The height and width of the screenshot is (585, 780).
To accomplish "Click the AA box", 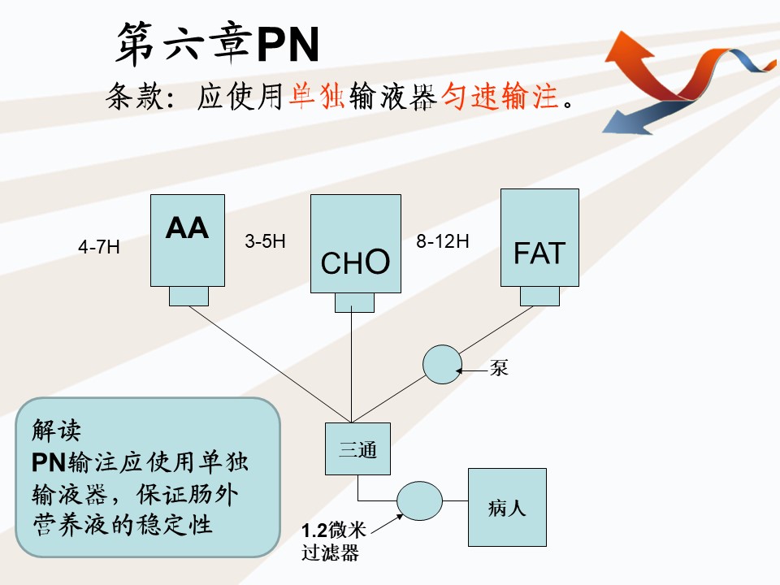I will coord(188,240).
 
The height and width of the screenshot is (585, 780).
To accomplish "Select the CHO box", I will coord(356,243).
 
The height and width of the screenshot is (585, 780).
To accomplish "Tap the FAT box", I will coord(539,237).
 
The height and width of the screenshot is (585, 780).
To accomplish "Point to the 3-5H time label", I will coord(265,241).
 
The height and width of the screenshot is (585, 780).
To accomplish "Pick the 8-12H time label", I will coord(443,241).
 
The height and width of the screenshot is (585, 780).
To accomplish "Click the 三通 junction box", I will coord(357,448).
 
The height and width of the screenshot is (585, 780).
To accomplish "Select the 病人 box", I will coord(507,508).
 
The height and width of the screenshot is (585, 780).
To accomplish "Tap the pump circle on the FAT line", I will coord(442,364).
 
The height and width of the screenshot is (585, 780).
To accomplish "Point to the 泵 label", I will coord(499,368).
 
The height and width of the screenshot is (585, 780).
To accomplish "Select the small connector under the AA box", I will coord(188,296).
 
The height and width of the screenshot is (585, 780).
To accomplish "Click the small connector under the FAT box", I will coord(539,296).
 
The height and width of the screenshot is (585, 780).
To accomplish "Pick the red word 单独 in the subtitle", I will coord(318,97).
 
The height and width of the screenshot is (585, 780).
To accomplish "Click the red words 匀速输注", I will coord(500,97).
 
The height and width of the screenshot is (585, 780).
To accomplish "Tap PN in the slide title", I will coord(288,45).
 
